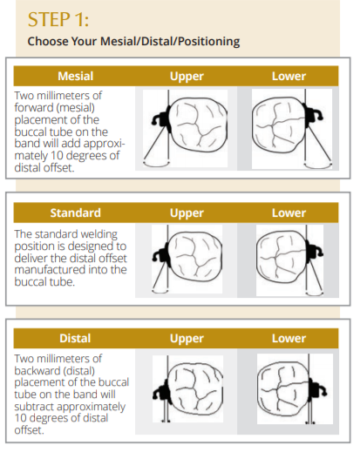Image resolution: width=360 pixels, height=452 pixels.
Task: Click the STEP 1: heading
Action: (x=58, y=19)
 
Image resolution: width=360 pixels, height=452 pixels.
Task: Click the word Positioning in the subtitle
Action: (x=209, y=41)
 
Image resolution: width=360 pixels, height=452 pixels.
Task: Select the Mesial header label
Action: (x=76, y=76)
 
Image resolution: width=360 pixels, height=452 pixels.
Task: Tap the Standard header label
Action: (x=76, y=213)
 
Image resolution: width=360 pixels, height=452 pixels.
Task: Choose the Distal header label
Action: (x=75, y=338)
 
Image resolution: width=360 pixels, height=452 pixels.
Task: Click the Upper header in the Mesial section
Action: (x=187, y=77)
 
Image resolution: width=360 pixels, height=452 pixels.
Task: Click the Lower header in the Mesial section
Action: (x=289, y=77)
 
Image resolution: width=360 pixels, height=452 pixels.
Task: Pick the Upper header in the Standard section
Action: (x=187, y=213)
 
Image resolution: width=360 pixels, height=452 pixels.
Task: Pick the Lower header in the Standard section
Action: (x=289, y=213)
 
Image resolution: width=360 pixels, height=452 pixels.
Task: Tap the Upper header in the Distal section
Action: (x=187, y=339)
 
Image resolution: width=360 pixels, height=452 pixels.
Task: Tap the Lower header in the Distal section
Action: (x=289, y=339)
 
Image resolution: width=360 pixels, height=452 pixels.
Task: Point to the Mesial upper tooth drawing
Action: (x=185, y=128)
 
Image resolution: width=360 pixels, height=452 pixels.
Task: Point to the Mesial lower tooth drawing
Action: (x=292, y=129)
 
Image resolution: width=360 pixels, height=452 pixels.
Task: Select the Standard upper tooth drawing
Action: (x=187, y=259)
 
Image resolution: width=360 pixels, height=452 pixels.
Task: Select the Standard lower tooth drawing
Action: (x=289, y=260)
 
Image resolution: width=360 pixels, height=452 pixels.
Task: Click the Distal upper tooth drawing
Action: (x=187, y=388)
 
